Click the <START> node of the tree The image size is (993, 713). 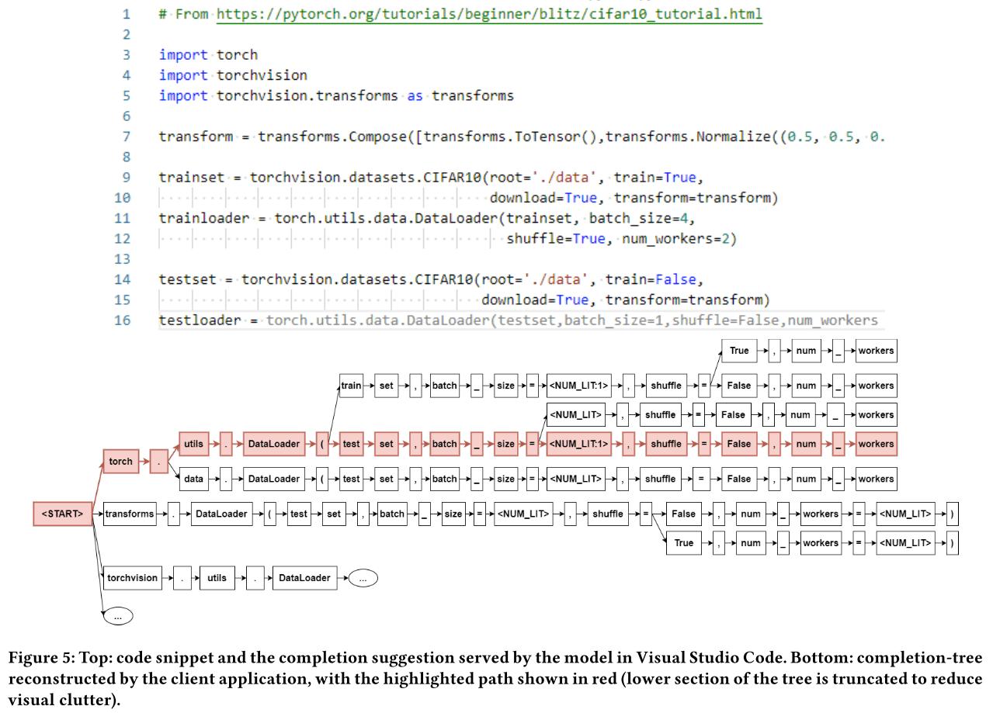pos(62,514)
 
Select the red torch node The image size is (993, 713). pos(120,462)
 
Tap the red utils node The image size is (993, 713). pos(194,444)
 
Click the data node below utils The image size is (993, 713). pos(194,479)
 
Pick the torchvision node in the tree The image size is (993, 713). pos(133,578)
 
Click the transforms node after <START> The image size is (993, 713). pos(129,514)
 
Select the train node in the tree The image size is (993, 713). pos(351,386)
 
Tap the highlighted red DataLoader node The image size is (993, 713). pos(273,444)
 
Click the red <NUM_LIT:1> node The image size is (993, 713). pos(578,444)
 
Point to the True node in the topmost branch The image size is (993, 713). pos(739,351)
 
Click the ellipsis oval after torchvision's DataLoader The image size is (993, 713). pos(363,578)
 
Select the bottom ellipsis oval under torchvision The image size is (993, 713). pos(118,616)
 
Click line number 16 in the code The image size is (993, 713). pos(122,320)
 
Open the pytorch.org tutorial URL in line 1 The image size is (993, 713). pos(489,14)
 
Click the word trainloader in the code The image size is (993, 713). pos(203,218)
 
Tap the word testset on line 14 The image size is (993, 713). pos(187,279)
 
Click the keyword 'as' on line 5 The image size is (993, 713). pos(415,95)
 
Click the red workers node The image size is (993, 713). pos(876,444)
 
